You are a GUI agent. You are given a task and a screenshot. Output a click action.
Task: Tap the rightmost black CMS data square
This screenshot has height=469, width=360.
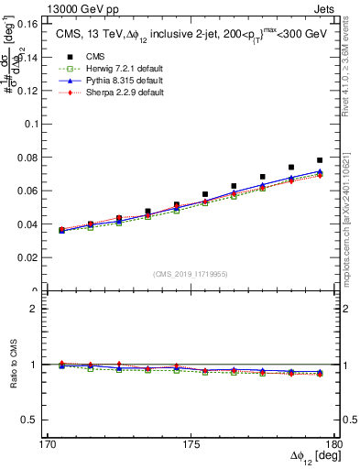pyautogui.click(x=320, y=160)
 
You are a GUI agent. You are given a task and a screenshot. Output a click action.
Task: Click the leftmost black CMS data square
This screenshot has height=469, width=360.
pyautogui.click(x=61, y=230)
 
